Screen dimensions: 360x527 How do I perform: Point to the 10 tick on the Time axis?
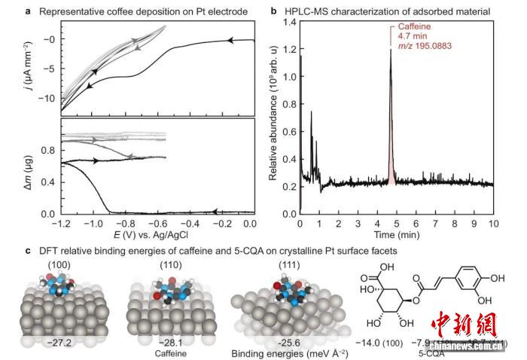click(x=494, y=224)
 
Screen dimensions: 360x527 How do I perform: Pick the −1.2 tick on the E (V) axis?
click(x=61, y=224)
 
